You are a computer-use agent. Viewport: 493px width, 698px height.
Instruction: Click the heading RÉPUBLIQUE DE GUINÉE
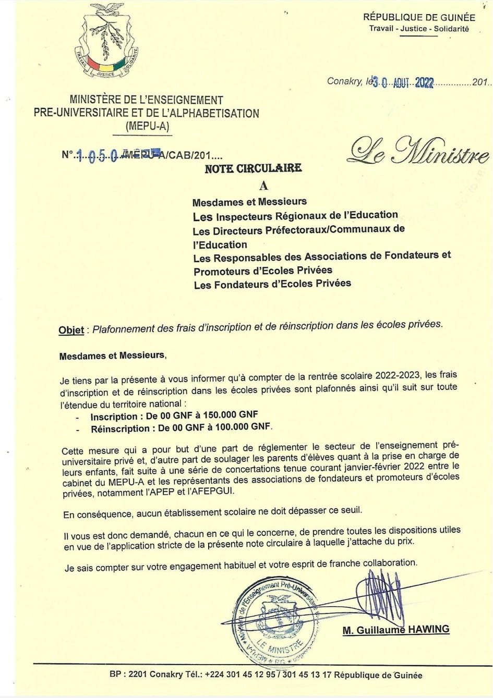pos(419,17)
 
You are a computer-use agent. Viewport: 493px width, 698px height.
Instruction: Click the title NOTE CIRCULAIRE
pos(253,168)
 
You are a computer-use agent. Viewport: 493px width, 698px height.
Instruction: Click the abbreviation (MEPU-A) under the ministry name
pos(147,127)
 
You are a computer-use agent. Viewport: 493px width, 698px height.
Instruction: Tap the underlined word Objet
pos(71,330)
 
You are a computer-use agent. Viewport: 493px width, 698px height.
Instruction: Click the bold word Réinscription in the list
pos(120,429)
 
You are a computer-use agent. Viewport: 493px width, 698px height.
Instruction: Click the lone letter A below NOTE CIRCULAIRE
pos(263,185)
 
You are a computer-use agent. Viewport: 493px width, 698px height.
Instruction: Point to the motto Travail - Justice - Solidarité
pos(419,29)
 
